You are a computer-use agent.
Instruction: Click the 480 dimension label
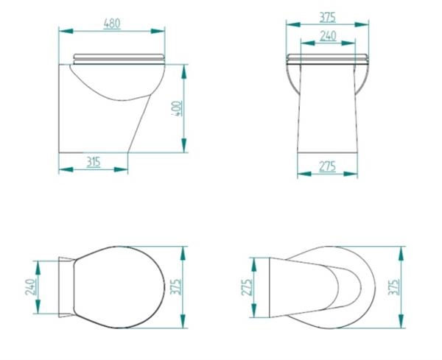[112, 24]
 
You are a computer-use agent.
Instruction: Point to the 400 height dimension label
[178, 108]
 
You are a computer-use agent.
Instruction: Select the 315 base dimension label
[94, 162]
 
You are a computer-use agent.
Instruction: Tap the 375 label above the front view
[328, 18]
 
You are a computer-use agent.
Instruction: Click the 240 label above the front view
[328, 36]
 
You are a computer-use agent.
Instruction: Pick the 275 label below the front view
[327, 166]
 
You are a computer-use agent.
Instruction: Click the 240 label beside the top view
[30, 287]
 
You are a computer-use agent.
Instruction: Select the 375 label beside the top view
[175, 287]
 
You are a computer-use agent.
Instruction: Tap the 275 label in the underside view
[247, 287]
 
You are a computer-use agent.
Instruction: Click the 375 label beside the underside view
[394, 287]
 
